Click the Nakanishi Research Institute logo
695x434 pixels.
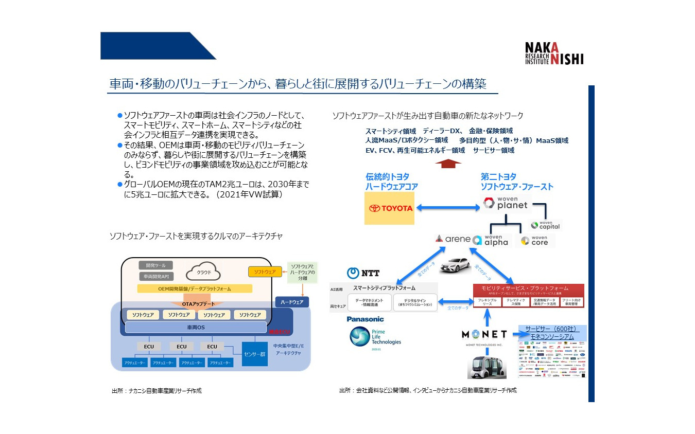pos(554,53)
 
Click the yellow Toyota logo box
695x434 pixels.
pos(389,208)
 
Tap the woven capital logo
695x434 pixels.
pos(545,225)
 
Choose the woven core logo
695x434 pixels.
pos(534,241)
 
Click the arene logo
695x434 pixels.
pos(453,239)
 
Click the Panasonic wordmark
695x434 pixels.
pos(365,319)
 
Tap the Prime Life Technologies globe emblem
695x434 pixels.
pos(359,337)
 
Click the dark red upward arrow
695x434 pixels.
pos(448,164)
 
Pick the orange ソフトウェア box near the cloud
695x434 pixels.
pos(265,271)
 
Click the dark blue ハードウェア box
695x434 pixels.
pos(292,302)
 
